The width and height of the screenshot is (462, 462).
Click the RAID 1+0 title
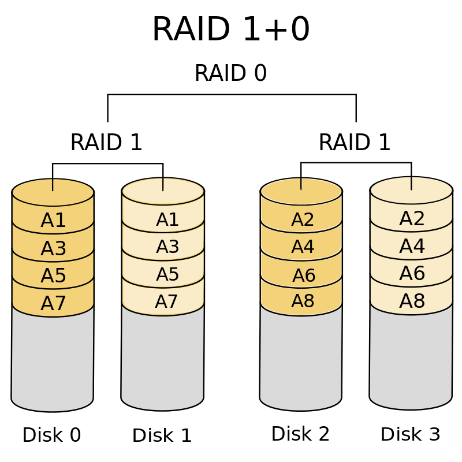[x=231, y=29]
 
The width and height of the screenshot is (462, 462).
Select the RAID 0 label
[x=230, y=73]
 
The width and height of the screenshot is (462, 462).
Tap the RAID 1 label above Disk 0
[x=106, y=142]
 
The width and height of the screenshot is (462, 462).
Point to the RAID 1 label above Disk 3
[x=355, y=142]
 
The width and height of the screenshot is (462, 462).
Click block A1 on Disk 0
[x=53, y=220]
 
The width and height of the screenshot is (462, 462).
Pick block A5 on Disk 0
[x=53, y=275]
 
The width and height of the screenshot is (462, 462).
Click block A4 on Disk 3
[x=412, y=246]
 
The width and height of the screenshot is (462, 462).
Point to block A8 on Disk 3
[x=412, y=301]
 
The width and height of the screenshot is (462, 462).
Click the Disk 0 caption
[x=51, y=435]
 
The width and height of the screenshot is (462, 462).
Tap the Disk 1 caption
[x=162, y=435]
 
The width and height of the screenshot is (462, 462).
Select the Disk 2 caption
[x=300, y=434]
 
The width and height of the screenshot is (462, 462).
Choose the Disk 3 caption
[x=411, y=434]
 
